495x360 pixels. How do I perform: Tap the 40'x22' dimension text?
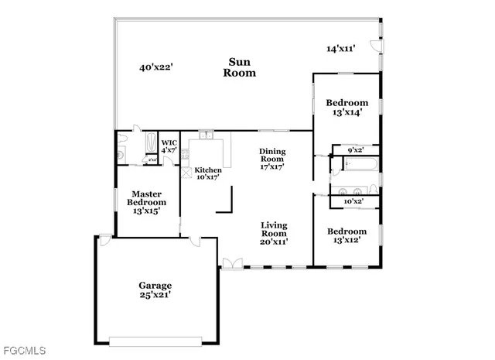coord(155,67)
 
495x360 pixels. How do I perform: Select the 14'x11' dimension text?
coord(340,49)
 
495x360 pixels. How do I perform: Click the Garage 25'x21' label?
coord(155,290)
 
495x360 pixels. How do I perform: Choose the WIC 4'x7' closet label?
coord(169,146)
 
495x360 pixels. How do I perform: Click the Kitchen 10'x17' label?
coord(207,173)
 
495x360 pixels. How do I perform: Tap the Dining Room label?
coord(273,158)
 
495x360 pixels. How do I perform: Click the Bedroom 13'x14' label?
coord(346,108)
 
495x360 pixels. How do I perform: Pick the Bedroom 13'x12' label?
coord(346,235)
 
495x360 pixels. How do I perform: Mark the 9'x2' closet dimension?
coord(355,149)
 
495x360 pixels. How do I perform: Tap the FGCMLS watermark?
coord(23,351)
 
